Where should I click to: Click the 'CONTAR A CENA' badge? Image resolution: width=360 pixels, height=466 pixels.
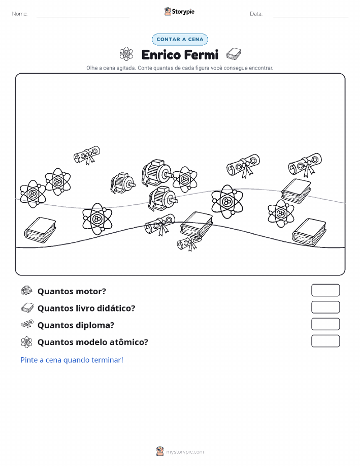point(180,39)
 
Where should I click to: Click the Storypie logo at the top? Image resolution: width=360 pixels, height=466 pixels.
point(179,12)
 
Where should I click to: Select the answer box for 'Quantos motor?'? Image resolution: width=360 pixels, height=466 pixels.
point(325,290)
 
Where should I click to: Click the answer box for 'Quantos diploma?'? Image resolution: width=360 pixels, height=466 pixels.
point(325,324)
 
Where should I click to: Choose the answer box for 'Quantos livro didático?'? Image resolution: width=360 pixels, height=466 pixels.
point(325,307)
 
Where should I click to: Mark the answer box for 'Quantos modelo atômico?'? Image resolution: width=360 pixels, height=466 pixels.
point(325,341)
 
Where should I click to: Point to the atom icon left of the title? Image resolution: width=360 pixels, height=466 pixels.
point(126,54)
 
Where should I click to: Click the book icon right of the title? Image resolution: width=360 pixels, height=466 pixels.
point(234,54)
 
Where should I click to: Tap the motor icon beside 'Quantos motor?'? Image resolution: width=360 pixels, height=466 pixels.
point(27,290)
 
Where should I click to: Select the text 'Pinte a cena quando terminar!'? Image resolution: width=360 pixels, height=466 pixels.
point(72,360)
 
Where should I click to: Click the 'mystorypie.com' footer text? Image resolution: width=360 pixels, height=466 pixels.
point(185,452)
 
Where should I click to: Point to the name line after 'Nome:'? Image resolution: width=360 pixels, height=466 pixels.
point(83,17)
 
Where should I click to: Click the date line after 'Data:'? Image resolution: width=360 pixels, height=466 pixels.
point(311,17)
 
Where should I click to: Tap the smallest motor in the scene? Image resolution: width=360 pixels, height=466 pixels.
point(123,183)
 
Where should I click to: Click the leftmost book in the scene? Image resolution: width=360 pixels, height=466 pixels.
point(40,229)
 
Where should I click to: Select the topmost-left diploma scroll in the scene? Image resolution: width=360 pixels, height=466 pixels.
point(87,155)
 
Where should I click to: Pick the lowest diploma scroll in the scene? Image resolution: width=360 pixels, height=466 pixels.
point(189,242)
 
